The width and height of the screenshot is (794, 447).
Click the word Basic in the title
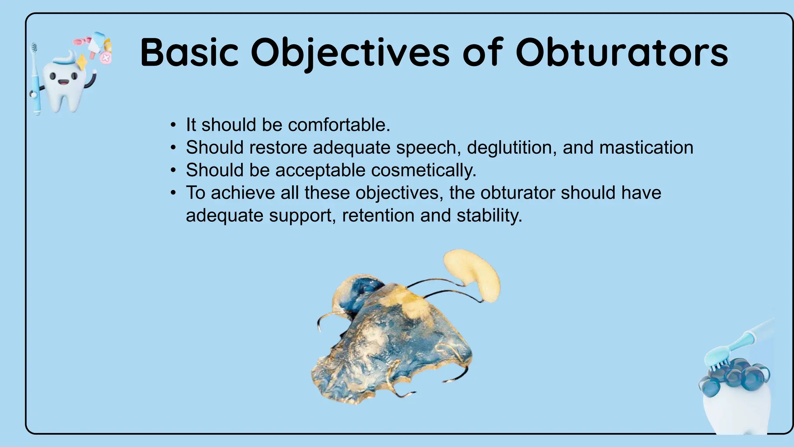pos(189,52)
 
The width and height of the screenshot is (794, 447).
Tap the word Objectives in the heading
pos(350,52)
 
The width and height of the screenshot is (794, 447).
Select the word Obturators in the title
pos(621,52)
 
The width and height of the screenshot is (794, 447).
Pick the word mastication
pos(646,147)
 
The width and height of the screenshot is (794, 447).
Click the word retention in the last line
pos(378,215)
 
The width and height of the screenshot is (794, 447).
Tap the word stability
pos(489,215)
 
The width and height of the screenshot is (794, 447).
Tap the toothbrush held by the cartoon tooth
pos(35,81)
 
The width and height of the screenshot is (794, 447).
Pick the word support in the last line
pos(302,215)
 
